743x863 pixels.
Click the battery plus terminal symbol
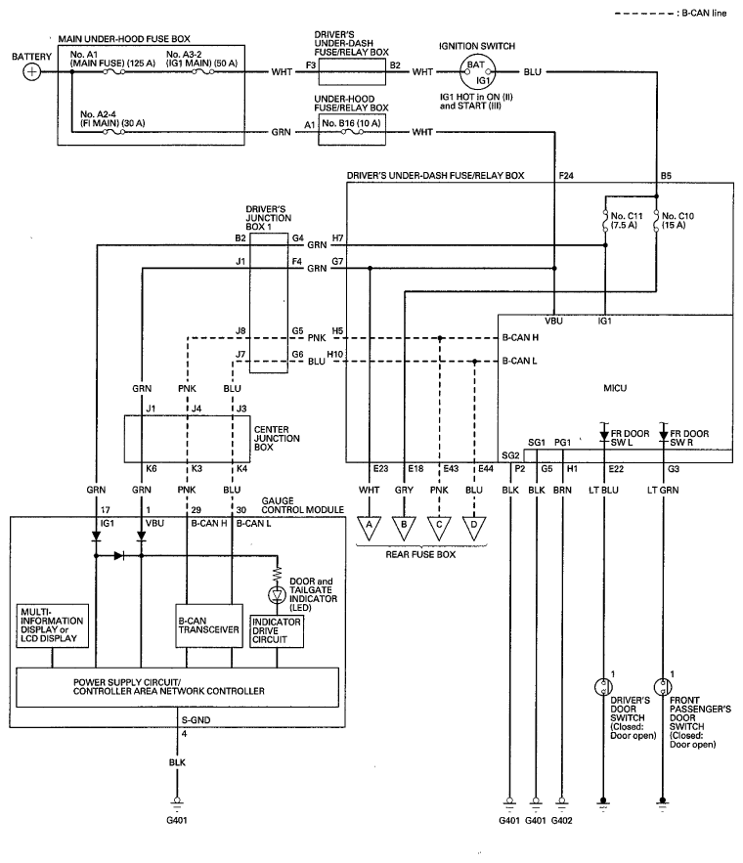pyautogui.click(x=32, y=72)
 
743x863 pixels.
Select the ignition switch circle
pyautogui.click(x=477, y=72)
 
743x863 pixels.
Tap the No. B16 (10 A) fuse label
pyautogui.click(x=351, y=123)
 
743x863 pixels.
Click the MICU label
pyautogui.click(x=615, y=388)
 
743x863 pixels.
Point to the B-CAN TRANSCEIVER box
pyautogui.click(x=209, y=626)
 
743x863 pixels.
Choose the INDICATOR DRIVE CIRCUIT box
pyautogui.click(x=277, y=630)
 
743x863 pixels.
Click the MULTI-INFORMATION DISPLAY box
pyautogui.click(x=52, y=626)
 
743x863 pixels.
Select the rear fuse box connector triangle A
pyautogui.click(x=370, y=527)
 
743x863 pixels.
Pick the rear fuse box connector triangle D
pyautogui.click(x=474, y=527)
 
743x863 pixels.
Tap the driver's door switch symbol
pyautogui.click(x=604, y=687)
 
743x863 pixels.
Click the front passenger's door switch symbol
pyautogui.click(x=663, y=687)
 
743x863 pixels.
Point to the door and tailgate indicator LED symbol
pyautogui.click(x=277, y=594)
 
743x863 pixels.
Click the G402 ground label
pyautogui.click(x=561, y=821)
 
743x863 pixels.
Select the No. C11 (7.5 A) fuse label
pyautogui.click(x=627, y=220)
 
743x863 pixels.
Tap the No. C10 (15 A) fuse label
pyautogui.click(x=677, y=220)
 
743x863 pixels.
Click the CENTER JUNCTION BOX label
pyautogui.click(x=277, y=438)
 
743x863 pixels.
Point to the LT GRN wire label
pyautogui.click(x=663, y=490)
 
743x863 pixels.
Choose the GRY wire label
pyautogui.click(x=404, y=490)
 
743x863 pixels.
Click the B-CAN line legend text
pyautogui.click(x=705, y=13)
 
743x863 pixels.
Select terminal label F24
pyautogui.click(x=566, y=176)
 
